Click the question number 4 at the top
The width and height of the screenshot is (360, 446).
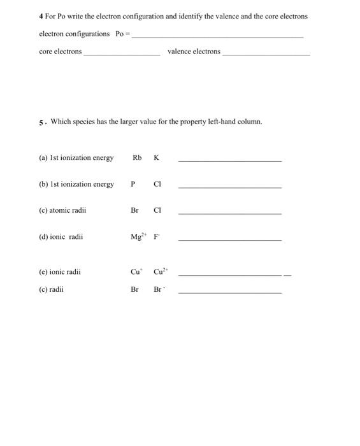click(x=41, y=16)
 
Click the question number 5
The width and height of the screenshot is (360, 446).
click(x=41, y=121)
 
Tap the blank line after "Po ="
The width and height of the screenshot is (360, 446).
click(x=217, y=36)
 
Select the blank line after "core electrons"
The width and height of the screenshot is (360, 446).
click(x=122, y=54)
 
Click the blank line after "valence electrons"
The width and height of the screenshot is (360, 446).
click(x=266, y=54)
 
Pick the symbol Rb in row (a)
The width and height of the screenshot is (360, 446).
click(x=137, y=157)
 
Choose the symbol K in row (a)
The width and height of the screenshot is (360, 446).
click(x=156, y=157)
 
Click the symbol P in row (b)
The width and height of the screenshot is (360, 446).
click(x=133, y=184)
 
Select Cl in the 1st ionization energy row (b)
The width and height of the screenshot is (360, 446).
click(x=157, y=184)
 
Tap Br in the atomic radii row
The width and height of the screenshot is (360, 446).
click(x=134, y=210)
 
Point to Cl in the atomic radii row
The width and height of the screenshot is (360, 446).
click(x=157, y=210)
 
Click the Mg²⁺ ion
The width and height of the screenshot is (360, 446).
click(x=137, y=236)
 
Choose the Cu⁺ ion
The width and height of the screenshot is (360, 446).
click(x=136, y=271)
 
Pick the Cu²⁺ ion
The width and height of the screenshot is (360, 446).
click(x=159, y=271)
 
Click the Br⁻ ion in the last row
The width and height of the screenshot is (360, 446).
click(x=159, y=289)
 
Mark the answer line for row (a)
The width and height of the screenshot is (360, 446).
click(x=229, y=161)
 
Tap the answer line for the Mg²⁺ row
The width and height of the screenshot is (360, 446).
click(x=229, y=240)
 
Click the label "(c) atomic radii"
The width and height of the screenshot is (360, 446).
click(x=62, y=210)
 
